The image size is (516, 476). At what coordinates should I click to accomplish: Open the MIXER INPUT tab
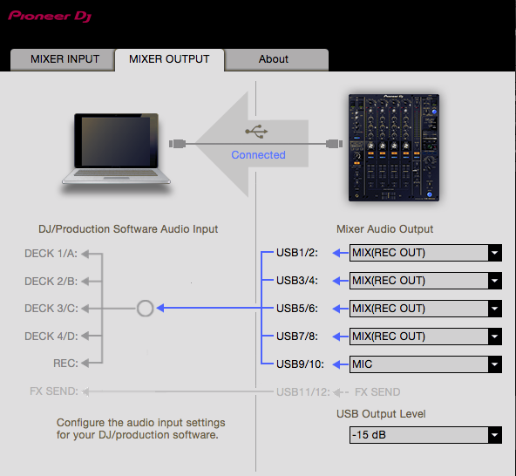coord(64,59)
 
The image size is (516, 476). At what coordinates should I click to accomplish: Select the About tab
coord(273,59)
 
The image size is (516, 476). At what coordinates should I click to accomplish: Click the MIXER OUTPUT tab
coord(169,59)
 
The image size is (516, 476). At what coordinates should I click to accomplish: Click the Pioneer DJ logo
coord(50,16)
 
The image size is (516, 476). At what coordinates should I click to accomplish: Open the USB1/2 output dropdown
coord(425,253)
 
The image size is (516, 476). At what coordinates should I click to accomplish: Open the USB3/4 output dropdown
coord(425,281)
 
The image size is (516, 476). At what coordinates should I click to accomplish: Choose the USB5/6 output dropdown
coord(425,309)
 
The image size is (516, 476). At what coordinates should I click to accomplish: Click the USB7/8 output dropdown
coord(425,337)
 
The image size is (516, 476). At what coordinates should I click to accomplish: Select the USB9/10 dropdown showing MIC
coord(425,364)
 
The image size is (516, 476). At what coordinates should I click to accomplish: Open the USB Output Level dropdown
coord(425,435)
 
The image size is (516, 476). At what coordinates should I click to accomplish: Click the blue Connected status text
coord(258,154)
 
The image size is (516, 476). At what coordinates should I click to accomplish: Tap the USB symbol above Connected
coord(256,132)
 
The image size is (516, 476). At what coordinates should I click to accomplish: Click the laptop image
coord(116,149)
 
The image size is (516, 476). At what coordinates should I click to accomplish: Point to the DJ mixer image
coord(394,147)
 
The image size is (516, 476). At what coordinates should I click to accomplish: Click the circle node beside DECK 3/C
coord(145,308)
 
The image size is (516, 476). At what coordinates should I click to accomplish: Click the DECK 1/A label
coord(51,254)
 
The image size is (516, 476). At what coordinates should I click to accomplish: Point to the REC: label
coord(66,364)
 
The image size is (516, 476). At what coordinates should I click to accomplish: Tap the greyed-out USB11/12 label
coord(303,392)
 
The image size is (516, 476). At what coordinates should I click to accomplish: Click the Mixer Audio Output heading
coord(384,228)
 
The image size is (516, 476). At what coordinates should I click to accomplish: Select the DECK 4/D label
coord(51,337)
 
